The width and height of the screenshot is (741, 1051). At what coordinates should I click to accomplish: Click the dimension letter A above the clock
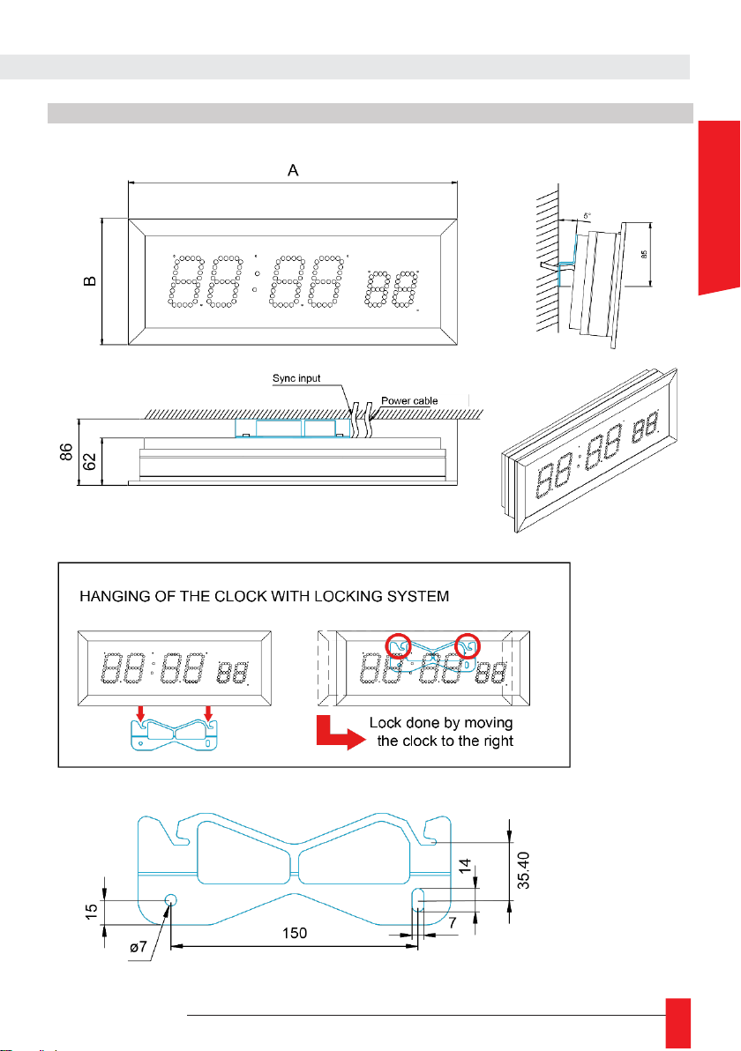[294, 171]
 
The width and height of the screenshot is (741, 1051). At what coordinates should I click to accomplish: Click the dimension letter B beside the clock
[89, 281]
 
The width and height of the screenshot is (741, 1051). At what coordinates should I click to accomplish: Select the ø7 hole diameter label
[140, 946]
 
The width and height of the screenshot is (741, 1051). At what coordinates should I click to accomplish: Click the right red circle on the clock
[467, 646]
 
